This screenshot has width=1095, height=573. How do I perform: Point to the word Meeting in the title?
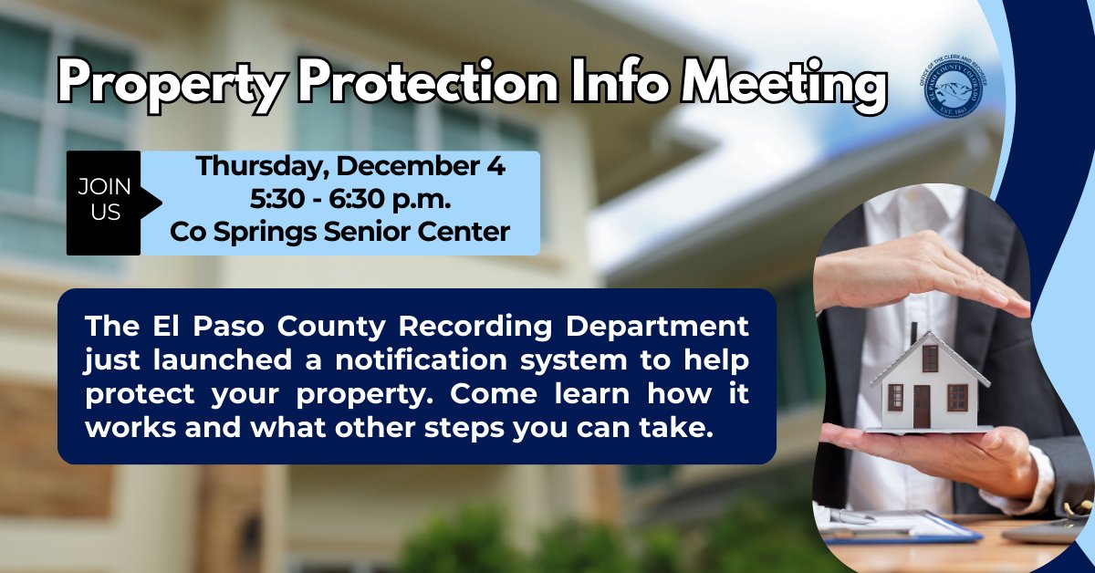(x=785, y=85)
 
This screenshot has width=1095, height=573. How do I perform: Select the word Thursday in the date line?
(x=251, y=167)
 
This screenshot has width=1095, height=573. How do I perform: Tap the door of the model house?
(x=921, y=405)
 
